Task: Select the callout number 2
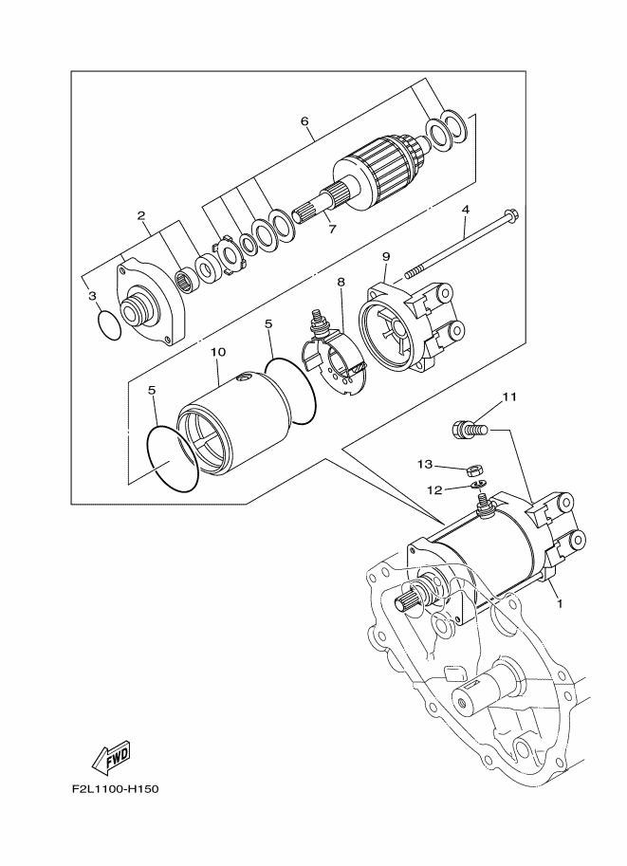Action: click(x=141, y=216)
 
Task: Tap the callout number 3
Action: click(x=92, y=296)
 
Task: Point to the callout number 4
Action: click(x=465, y=209)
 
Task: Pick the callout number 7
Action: click(x=331, y=229)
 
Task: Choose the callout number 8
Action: click(x=340, y=282)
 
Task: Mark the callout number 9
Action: click(x=386, y=256)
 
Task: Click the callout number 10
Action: click(x=218, y=352)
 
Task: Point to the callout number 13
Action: click(x=424, y=464)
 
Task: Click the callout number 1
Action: click(x=560, y=602)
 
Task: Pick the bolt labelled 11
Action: click(x=468, y=430)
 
